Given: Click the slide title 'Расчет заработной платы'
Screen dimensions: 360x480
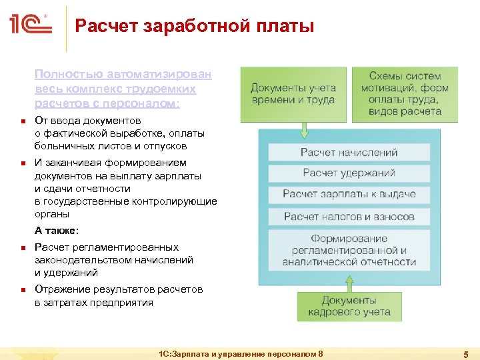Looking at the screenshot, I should click(194, 27).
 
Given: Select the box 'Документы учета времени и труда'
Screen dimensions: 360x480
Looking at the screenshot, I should click(293, 93).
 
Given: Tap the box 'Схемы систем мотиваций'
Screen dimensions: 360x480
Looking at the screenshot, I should click(405, 93).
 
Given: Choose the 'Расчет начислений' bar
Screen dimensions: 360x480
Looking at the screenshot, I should click(349, 152).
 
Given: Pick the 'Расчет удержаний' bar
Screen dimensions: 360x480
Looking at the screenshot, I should click(349, 173).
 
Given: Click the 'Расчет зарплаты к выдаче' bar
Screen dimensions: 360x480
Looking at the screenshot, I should click(349, 194).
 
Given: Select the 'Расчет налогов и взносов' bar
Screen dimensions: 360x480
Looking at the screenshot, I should click(349, 216).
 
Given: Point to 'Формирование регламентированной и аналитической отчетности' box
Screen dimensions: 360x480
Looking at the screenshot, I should click(349, 250).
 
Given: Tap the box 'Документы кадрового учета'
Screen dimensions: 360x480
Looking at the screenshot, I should click(349, 306).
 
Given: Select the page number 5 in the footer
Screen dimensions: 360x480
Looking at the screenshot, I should click(465, 354).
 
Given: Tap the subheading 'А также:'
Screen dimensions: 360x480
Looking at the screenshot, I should click(57, 231).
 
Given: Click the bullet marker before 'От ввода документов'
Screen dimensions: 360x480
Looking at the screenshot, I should click(22, 121).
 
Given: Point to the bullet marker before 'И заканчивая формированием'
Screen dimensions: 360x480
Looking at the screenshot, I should click(22, 163).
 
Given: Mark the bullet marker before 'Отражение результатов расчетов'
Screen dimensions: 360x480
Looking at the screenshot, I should click(22, 290).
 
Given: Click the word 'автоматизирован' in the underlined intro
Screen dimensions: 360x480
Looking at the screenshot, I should click(171, 75).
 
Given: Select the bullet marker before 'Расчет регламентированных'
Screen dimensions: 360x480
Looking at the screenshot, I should click(22, 248).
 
